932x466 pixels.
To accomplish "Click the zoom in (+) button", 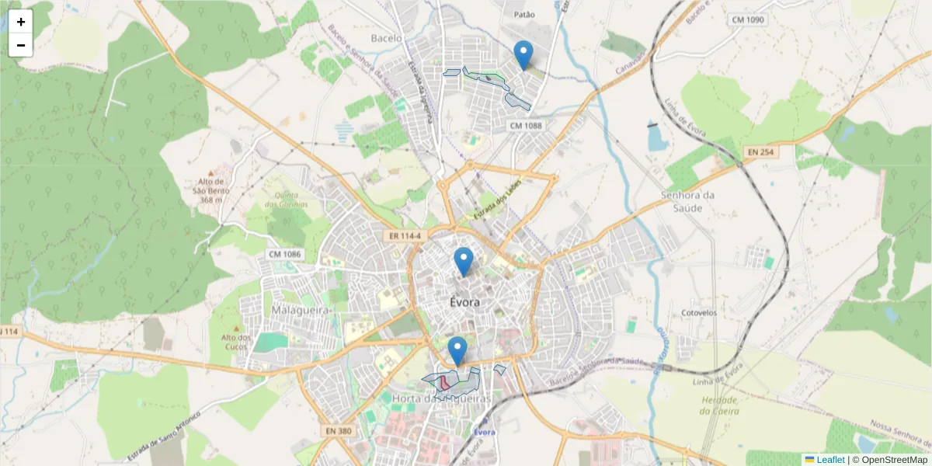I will point(21,22).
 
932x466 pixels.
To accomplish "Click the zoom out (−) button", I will point(21,45).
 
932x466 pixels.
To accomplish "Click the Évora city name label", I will point(464,302).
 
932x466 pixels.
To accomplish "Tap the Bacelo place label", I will point(387,38).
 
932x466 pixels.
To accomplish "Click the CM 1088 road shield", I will point(526,125).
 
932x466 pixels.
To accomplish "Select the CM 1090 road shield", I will point(748,19).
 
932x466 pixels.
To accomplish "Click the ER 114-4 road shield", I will point(404,235).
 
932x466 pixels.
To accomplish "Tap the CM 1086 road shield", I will point(284,254).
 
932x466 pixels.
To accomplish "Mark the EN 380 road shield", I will point(336,429).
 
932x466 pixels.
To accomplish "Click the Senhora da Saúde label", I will point(687,202).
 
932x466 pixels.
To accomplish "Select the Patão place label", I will point(525,14).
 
